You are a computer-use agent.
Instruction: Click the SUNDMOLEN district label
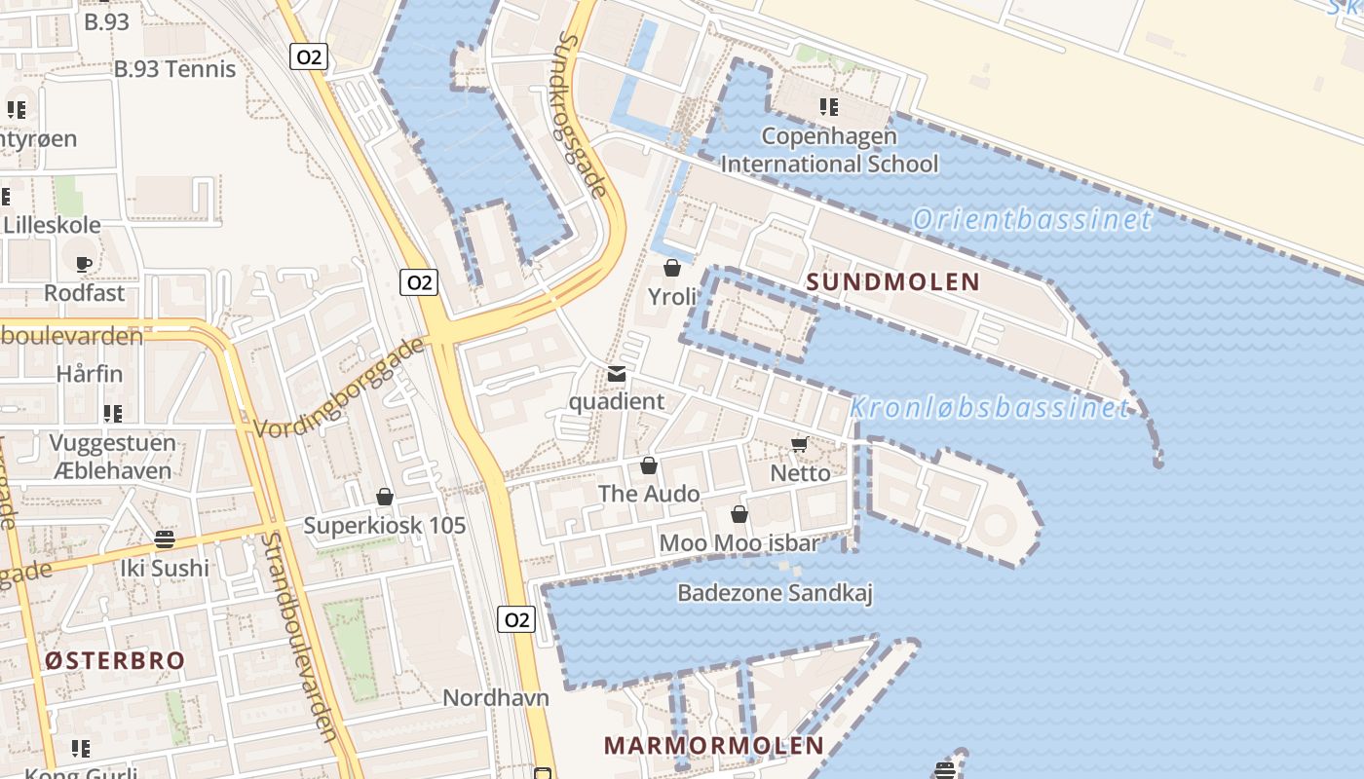[x=893, y=282]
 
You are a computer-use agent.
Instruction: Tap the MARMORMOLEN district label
[x=714, y=746]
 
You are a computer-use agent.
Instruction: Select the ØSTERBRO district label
[x=115, y=660]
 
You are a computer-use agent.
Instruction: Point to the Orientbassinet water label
[x=1032, y=219]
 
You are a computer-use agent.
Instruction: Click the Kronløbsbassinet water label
[x=990, y=407]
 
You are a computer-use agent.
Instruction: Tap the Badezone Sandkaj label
[x=775, y=592]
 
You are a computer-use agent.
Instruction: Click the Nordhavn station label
[x=496, y=697]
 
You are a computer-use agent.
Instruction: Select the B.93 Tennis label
[x=175, y=69]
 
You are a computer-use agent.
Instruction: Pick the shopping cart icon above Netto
[x=800, y=445]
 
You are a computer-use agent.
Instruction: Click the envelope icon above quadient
[x=617, y=374]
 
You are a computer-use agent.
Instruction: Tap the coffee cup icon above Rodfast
[x=85, y=264]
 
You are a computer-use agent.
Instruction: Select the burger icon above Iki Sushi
[x=165, y=539]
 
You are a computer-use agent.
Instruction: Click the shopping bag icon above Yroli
[x=672, y=268]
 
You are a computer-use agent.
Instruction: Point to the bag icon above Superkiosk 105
[x=385, y=498]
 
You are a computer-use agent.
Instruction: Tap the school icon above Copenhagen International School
[x=829, y=107]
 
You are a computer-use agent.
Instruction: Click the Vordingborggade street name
[x=340, y=388]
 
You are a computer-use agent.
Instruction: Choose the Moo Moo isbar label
[x=739, y=542]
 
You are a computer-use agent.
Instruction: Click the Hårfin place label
[x=90, y=373]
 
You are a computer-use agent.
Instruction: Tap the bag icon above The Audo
[x=649, y=466]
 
